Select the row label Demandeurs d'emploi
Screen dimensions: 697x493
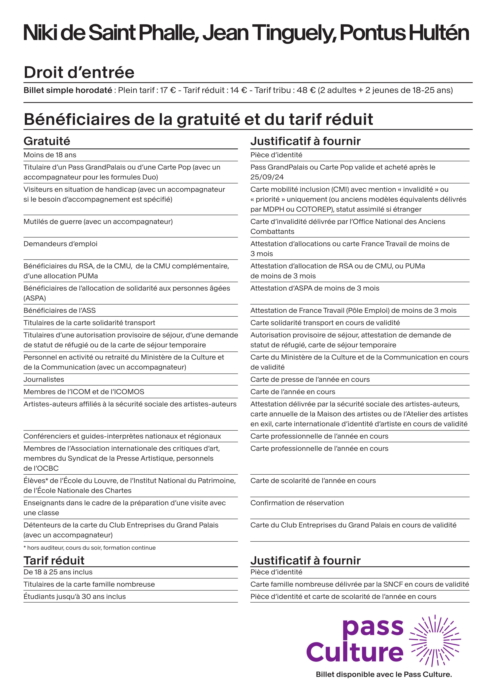[60, 244]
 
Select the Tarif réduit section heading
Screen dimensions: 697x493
[54, 560]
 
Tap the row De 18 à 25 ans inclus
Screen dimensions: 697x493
[58, 572]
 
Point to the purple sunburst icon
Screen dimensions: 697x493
[435, 641]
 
